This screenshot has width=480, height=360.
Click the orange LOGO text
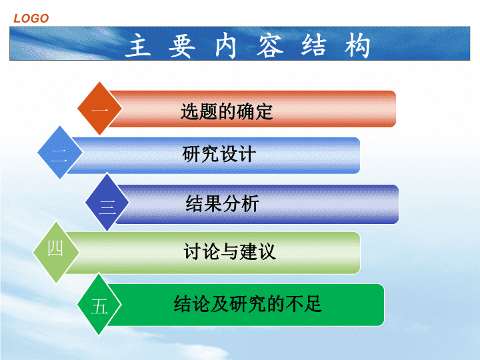31,19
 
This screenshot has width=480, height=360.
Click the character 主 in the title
139,45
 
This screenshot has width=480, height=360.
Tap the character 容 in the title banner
269,45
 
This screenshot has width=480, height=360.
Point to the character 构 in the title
357,45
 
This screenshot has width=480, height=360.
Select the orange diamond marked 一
100,109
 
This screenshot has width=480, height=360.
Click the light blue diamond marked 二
60,153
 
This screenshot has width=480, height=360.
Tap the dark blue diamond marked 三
107,202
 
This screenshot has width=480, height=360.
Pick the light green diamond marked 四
56,252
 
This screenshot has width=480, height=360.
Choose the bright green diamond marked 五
99,305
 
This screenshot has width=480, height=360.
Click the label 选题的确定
227,111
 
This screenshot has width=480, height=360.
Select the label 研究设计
219,154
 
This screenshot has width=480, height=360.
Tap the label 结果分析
222,203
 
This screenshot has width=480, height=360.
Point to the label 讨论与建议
229,251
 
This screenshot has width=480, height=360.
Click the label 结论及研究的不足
248,304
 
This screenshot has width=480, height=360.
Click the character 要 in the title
182,45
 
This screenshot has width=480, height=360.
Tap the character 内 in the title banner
225,45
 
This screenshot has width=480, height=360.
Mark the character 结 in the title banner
313,45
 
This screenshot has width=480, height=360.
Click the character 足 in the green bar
313,304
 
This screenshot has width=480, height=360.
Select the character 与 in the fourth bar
229,251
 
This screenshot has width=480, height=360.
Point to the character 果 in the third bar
213,203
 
